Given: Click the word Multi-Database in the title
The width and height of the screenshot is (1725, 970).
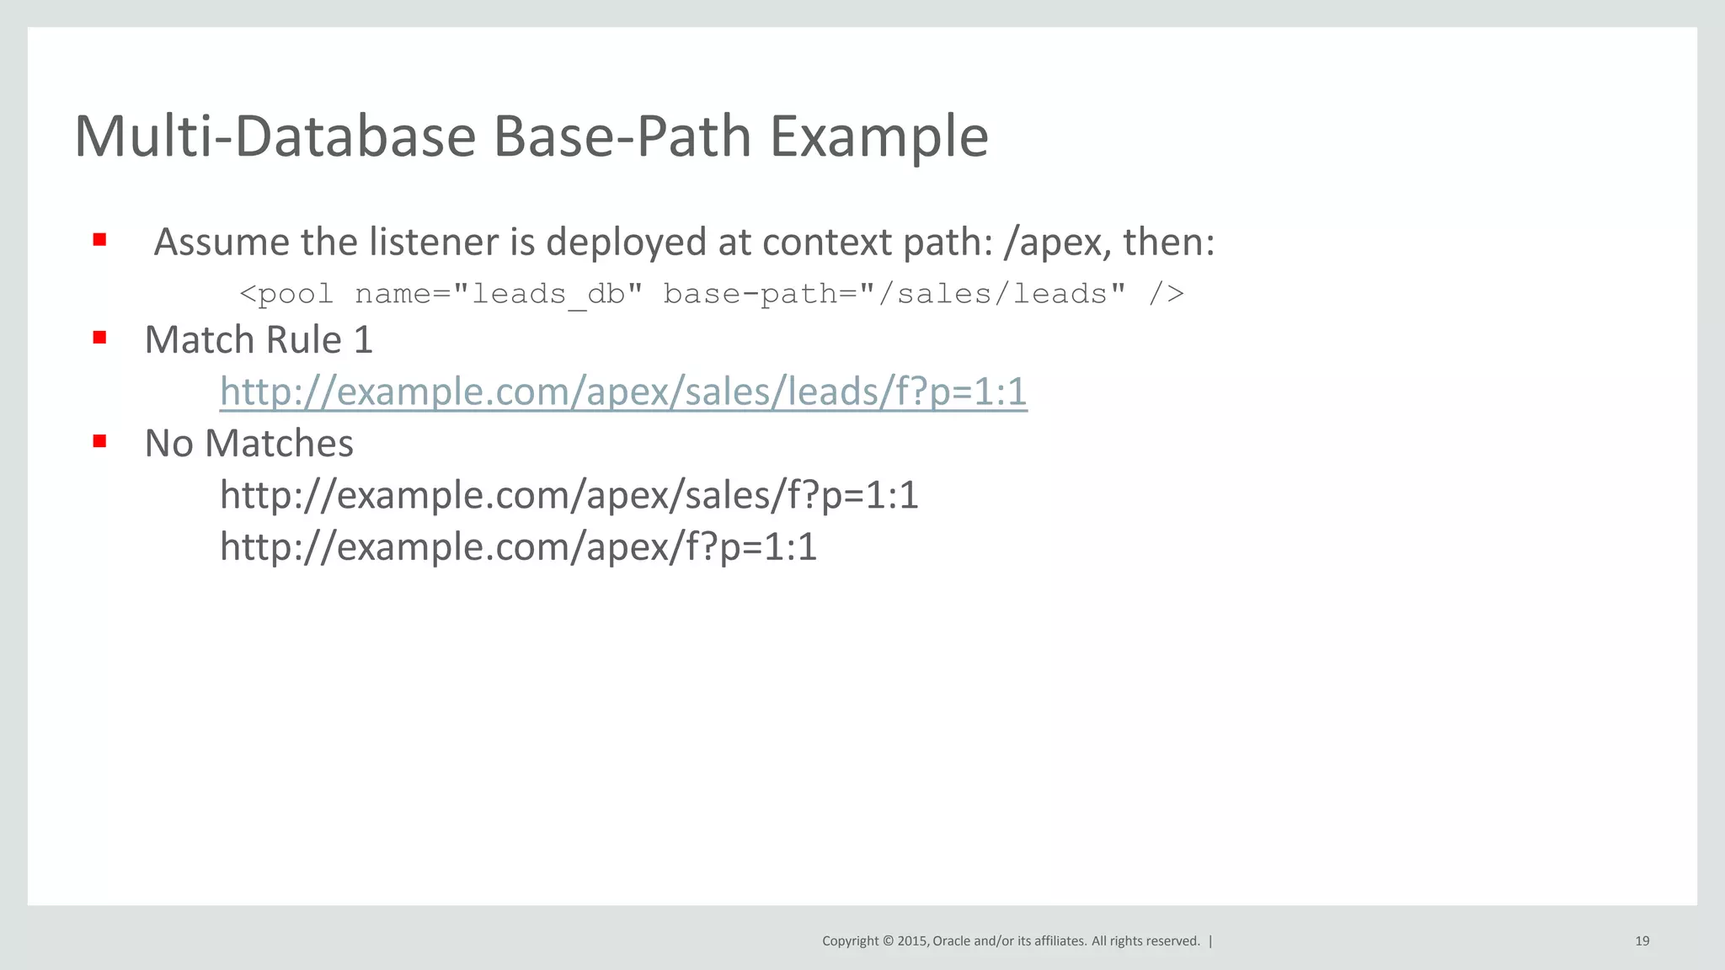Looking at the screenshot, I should pos(275,136).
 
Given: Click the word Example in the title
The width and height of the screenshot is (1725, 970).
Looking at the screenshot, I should pos(879,136).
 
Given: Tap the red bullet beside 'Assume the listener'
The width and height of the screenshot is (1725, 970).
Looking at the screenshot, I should pos(99,240).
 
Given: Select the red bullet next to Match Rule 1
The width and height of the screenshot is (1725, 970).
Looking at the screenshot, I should pos(99,338).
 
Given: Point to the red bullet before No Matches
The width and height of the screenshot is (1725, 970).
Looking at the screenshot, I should pos(99,440).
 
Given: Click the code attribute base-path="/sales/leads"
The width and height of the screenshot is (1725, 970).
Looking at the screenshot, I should pos(894,294).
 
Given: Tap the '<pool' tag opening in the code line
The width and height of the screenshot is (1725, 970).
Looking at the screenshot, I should pos(286,294).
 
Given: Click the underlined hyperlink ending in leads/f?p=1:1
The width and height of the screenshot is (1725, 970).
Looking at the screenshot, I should pos(623,392).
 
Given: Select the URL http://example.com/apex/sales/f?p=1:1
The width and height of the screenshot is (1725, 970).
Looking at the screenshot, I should pos(569,495).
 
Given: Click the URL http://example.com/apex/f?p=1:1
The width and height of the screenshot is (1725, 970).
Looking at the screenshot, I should pos(518,547).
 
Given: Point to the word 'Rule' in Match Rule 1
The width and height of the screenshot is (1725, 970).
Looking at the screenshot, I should pos(303,340).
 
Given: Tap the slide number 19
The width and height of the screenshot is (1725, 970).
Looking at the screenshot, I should pos(1642,941).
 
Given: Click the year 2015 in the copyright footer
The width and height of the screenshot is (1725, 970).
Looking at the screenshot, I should pos(913,941).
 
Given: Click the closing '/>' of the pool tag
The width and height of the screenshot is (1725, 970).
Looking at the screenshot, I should pos(1166,294).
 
